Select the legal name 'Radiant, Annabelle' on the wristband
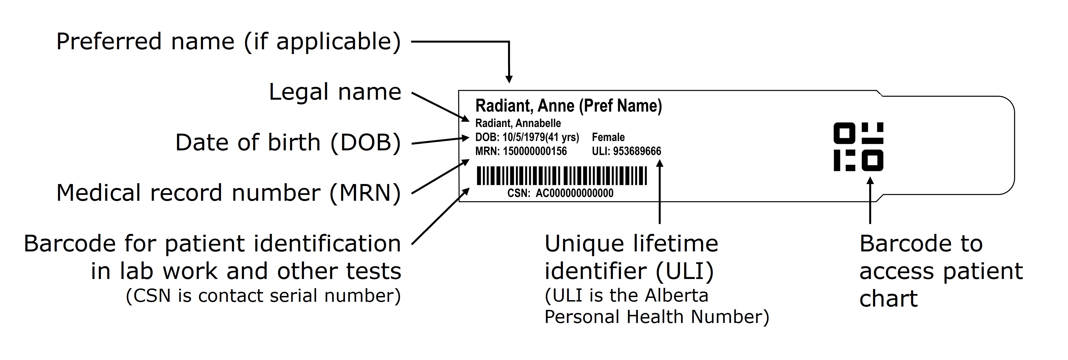518,123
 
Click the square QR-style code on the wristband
858,147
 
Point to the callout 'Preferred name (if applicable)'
229,41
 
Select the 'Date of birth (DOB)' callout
288,142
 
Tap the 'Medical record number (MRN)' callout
229,193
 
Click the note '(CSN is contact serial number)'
263,296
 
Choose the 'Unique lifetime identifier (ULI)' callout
631,257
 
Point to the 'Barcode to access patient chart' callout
941,271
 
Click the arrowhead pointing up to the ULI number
660,163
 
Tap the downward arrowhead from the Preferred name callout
509,79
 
